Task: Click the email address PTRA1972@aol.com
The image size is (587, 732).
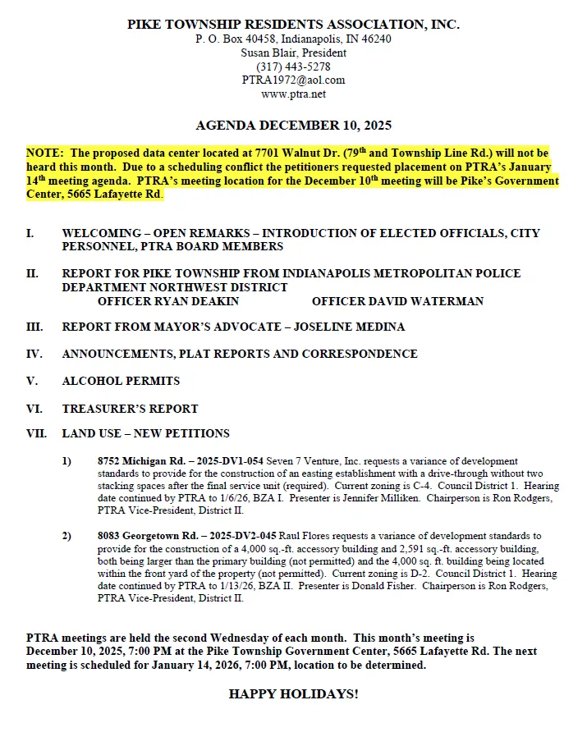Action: [293, 80]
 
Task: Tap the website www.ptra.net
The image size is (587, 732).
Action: [293, 94]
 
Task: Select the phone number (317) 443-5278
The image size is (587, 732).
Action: [293, 66]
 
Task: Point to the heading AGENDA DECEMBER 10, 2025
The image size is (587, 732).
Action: [293, 126]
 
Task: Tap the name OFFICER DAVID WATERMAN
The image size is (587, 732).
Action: [397, 301]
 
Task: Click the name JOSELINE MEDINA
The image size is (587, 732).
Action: [344, 327]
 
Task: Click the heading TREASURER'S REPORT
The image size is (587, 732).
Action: [130, 408]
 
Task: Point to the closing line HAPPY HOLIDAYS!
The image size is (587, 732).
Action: [293, 694]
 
